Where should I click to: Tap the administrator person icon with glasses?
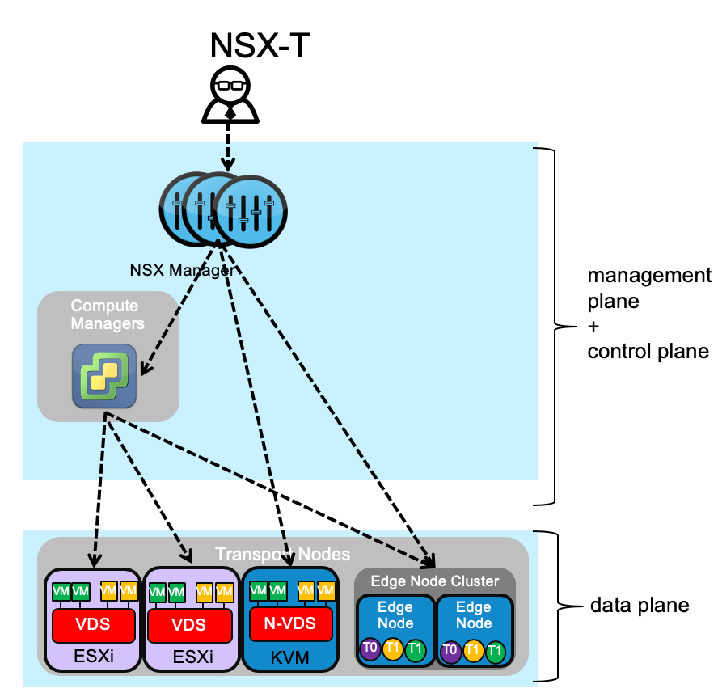[230, 95]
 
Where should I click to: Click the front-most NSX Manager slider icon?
[251, 213]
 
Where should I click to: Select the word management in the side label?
[649, 276]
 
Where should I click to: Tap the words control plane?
[648, 352]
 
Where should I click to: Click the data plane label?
[640, 605]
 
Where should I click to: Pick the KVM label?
[291, 657]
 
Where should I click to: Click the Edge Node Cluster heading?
[435, 581]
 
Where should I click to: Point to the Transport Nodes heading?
[282, 555]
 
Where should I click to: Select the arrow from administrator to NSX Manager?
[229, 146]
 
